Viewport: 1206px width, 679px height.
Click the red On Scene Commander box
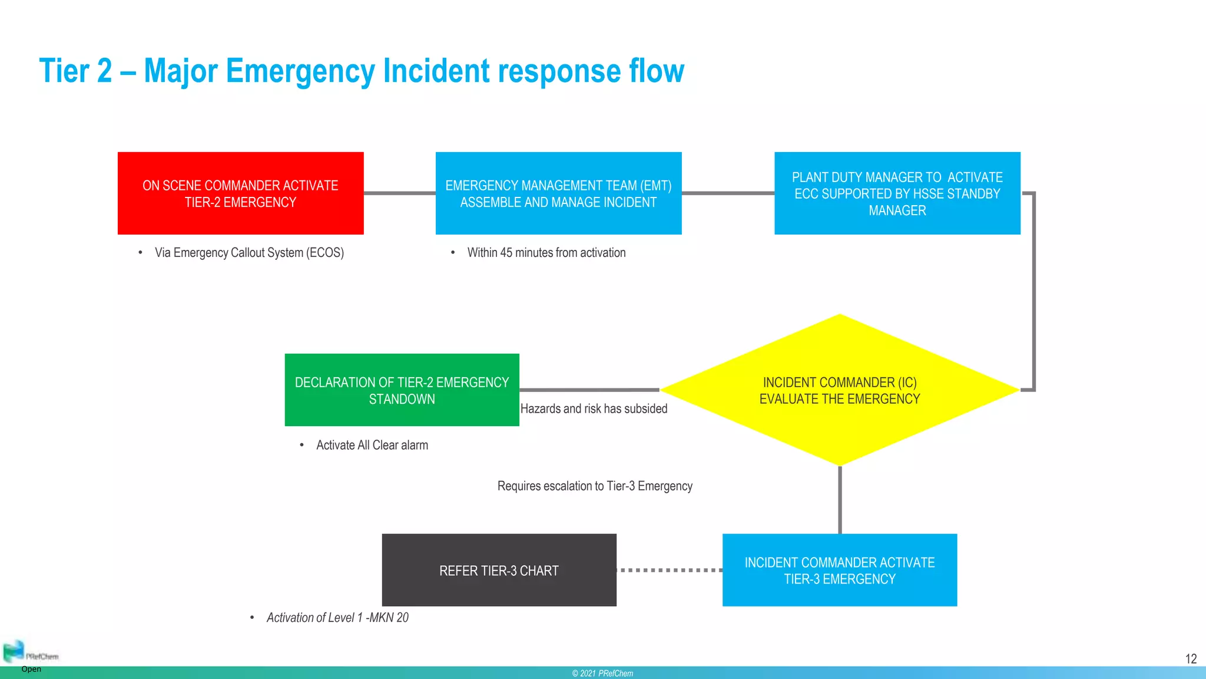coord(240,193)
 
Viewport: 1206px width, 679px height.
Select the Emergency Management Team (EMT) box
coord(558,193)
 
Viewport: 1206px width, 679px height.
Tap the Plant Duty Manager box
coord(897,193)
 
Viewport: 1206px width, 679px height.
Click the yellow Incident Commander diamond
coord(840,390)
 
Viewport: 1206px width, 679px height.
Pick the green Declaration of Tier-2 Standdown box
coord(402,390)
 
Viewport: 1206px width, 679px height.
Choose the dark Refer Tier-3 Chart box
coord(499,570)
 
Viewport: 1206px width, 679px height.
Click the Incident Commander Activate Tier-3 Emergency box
coord(839,570)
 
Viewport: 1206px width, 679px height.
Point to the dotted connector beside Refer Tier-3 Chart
coord(670,570)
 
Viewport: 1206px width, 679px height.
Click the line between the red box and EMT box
coord(399,193)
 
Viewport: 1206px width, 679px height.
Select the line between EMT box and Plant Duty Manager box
coord(728,193)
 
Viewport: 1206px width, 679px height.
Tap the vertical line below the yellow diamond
coord(840,500)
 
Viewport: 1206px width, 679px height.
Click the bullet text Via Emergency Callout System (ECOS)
coord(249,253)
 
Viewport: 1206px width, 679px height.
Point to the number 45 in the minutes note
coord(506,253)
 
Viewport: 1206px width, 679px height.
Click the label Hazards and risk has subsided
coord(594,408)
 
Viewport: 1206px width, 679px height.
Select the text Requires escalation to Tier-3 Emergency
coord(595,486)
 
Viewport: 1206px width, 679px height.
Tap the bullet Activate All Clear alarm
coord(372,445)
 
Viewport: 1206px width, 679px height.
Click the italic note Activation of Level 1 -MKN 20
coord(337,618)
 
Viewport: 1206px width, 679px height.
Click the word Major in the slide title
coord(183,71)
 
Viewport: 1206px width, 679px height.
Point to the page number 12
coord(1191,659)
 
